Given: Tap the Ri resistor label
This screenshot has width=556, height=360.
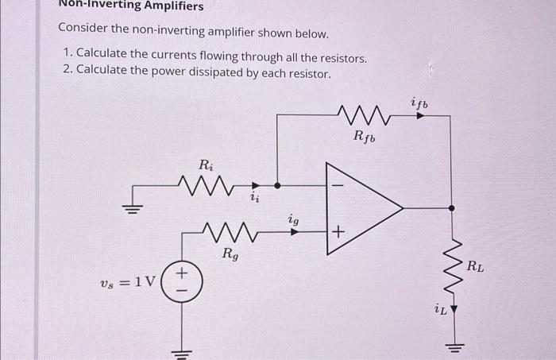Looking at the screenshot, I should coord(206,166).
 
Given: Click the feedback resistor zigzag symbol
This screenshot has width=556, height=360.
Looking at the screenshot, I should coord(365,114).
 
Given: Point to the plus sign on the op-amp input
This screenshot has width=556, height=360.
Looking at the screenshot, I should coord(338,232).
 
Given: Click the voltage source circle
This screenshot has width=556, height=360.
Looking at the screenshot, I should coord(182,280).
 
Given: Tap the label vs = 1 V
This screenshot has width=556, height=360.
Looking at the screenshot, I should coord(127,281).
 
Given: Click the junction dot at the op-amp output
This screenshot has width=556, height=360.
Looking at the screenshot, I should coord(452,208).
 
